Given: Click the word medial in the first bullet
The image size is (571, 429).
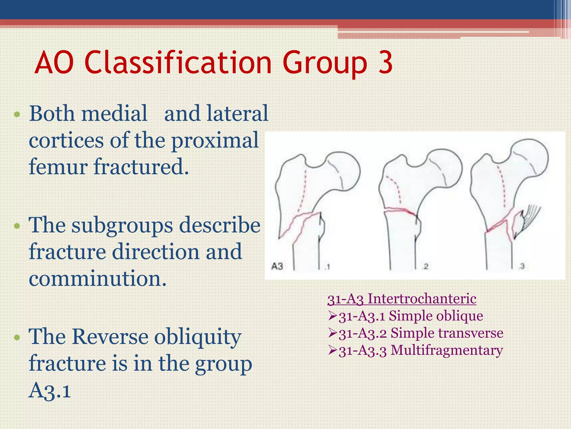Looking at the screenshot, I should (x=114, y=113).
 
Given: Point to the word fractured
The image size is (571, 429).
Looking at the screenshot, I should (x=141, y=167).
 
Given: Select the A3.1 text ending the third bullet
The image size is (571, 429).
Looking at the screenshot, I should (x=50, y=390).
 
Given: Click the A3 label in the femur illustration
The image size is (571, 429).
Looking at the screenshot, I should (x=277, y=266).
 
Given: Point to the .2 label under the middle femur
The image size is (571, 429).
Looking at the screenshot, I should (x=425, y=266).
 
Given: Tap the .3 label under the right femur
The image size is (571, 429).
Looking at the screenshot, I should (x=522, y=266).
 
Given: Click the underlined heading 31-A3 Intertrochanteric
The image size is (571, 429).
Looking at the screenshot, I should (x=401, y=299).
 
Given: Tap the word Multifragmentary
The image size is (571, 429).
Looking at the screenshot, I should (x=447, y=350).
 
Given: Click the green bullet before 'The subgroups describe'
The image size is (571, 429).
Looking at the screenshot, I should (x=17, y=226).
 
